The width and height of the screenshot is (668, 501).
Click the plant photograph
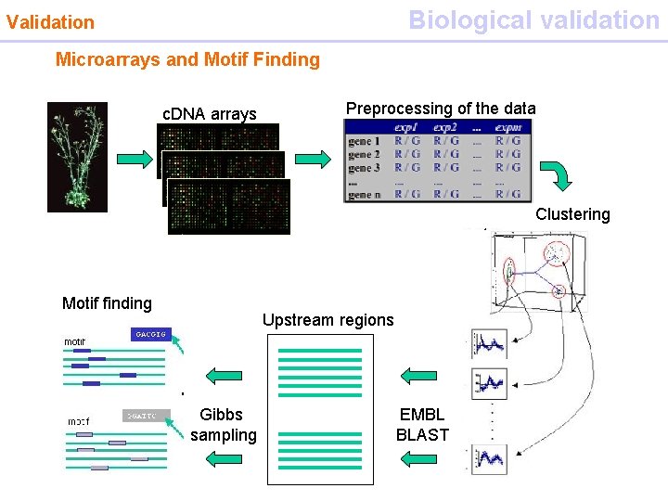77,157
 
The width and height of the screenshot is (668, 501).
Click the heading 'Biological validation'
533,19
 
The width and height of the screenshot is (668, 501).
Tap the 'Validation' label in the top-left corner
50,22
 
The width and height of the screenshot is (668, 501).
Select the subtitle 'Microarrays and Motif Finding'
187,60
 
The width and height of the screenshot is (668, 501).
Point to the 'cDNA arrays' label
209,114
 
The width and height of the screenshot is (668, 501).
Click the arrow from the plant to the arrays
135,157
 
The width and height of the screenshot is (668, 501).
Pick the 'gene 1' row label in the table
364,141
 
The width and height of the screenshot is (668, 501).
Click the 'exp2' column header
444,127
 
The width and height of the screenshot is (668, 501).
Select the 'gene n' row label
364,194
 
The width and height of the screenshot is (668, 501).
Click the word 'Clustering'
572,214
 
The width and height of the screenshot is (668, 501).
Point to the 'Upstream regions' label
328,320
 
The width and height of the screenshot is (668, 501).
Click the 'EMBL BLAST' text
422,425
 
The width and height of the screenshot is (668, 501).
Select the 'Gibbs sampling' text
223,425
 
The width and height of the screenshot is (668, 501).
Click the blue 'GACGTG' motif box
149,334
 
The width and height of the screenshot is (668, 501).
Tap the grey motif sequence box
145,416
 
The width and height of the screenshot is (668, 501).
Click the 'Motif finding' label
107,303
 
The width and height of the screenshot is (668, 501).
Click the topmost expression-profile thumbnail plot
489,343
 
